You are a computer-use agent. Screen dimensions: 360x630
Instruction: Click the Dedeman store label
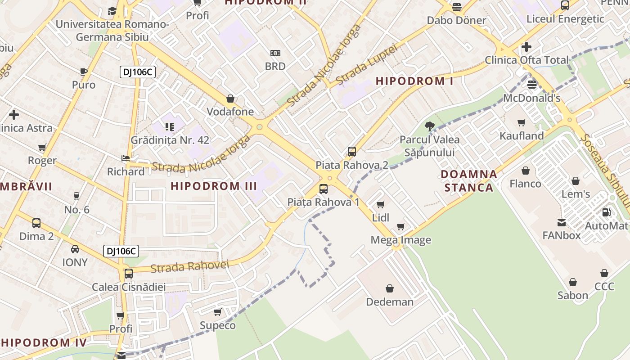390,301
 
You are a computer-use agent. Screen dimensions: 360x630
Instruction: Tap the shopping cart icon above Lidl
380,205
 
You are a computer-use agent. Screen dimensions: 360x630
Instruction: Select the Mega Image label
400,240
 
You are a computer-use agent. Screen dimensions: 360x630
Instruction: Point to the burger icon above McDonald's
532,84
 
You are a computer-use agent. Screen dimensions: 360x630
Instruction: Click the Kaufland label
522,135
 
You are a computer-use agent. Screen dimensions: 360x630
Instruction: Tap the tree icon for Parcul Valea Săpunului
430,126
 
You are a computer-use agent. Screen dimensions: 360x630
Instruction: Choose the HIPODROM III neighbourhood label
214,186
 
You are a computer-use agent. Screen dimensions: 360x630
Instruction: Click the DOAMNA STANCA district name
469,180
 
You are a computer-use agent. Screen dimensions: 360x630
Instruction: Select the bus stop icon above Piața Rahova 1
323,189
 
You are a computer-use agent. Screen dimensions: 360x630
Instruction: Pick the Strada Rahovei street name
189,266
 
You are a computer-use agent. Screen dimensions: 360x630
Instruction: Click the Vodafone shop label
230,112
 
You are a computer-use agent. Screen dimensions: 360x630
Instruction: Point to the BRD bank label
275,66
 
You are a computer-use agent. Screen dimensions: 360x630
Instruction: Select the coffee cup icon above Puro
84,72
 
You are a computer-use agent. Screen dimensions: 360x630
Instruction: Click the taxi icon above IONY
75,249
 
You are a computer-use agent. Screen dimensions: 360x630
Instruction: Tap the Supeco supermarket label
217,325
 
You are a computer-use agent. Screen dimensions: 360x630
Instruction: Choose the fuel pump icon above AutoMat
606,212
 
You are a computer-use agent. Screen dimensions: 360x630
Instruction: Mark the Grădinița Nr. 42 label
170,140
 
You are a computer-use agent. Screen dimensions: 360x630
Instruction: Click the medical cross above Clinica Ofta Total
526,47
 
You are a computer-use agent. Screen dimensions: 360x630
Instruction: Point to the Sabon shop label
572,295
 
